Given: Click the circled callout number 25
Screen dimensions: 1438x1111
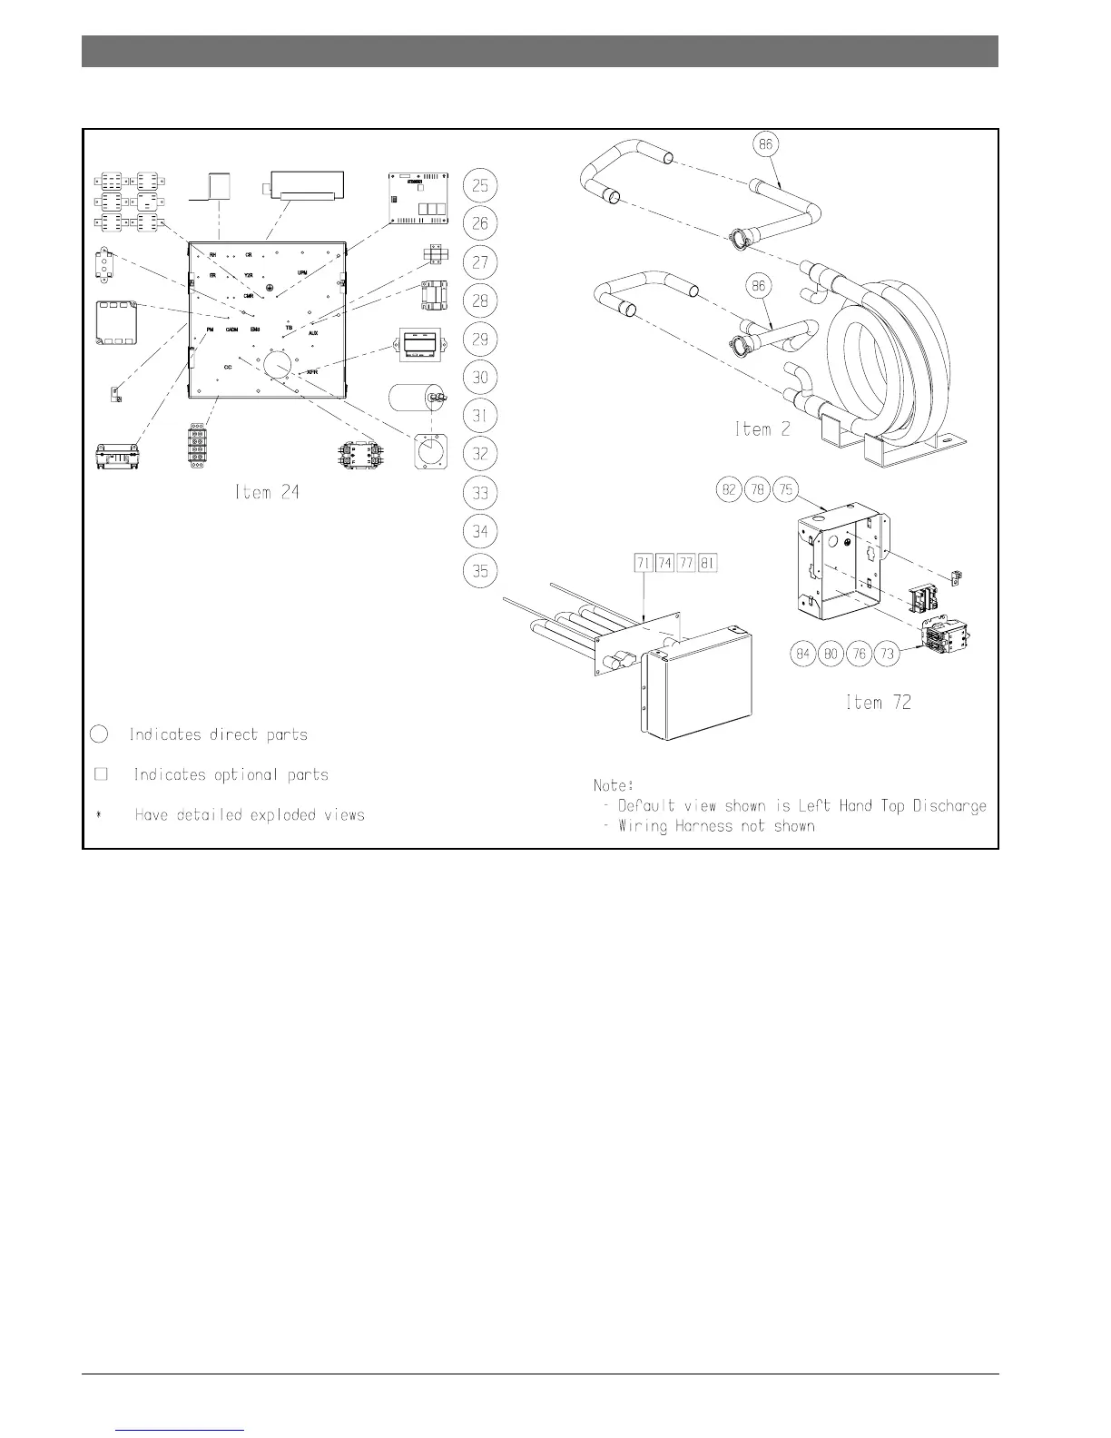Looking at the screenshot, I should [480, 186].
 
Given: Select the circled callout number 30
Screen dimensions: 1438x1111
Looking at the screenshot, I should [480, 378].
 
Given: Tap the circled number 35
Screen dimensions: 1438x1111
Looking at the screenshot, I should [480, 570].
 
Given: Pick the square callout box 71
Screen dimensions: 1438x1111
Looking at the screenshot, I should [644, 564].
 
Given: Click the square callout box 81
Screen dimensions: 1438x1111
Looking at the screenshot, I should [708, 564].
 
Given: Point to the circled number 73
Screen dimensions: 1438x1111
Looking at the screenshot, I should [888, 654].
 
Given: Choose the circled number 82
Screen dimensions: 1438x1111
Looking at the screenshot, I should [728, 490].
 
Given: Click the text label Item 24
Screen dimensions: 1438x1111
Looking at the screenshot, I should [266, 493].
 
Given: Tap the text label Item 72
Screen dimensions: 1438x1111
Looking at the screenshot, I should [878, 702].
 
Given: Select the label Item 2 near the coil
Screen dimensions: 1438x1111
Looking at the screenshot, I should [762, 429].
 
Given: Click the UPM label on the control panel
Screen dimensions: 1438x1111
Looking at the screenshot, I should [302, 272].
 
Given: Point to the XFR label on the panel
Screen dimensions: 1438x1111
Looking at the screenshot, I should [311, 372].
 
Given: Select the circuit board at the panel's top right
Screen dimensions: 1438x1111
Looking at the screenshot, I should [419, 196].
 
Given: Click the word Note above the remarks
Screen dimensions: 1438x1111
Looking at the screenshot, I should [613, 784].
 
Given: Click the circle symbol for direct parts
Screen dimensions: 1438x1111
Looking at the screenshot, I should [101, 734].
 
